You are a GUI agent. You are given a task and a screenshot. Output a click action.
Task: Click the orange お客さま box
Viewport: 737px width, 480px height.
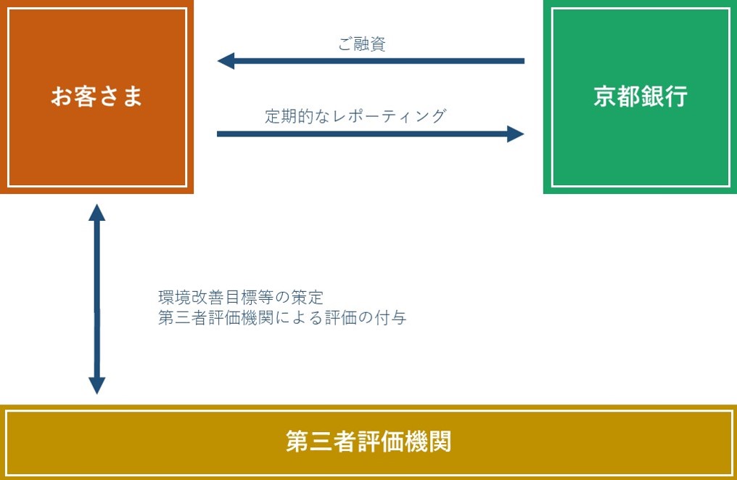pyautogui.click(x=96, y=97)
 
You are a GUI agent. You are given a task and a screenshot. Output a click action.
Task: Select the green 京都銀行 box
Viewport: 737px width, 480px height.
pyautogui.click(x=641, y=97)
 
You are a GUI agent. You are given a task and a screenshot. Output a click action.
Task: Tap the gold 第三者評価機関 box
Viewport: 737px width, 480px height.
pyautogui.click(x=368, y=442)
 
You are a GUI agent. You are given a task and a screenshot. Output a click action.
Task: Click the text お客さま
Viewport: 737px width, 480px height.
pyautogui.click(x=96, y=96)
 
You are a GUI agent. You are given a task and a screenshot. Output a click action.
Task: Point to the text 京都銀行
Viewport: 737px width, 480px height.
pyautogui.click(x=641, y=96)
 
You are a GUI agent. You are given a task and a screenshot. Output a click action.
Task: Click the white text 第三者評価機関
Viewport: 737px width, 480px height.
pyautogui.click(x=368, y=442)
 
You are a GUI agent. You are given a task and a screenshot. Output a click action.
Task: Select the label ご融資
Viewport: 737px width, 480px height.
pyautogui.click(x=362, y=44)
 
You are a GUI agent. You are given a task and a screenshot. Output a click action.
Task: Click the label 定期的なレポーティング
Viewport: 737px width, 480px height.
pyautogui.click(x=355, y=115)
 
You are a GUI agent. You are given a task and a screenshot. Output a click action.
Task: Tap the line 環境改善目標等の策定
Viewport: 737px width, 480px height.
pyautogui.click(x=241, y=298)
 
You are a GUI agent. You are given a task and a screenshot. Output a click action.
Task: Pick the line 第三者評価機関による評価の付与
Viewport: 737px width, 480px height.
pyautogui.click(x=282, y=317)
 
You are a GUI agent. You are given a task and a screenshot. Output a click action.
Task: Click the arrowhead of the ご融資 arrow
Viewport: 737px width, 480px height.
pyautogui.click(x=226, y=61)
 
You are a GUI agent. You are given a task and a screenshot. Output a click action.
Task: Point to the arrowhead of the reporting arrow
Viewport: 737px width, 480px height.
pyautogui.click(x=516, y=134)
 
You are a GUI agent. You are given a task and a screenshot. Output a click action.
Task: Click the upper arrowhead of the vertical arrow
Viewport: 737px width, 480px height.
pyautogui.click(x=96, y=212)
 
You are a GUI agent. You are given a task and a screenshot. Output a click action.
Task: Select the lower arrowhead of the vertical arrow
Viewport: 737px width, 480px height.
pyautogui.click(x=96, y=386)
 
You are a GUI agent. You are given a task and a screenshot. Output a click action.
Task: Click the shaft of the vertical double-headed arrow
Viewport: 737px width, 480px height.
pyautogui.click(x=96, y=299)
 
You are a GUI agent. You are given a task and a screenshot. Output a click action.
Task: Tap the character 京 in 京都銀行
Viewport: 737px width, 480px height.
pyautogui.click(x=605, y=96)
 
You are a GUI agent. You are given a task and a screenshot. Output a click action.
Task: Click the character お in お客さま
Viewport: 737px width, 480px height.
pyautogui.click(x=62, y=96)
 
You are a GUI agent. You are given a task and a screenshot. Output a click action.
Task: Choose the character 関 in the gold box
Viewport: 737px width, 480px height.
pyautogui.click(x=440, y=442)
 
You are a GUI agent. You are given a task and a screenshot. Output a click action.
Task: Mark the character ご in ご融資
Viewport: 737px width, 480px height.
pyautogui.click(x=345, y=44)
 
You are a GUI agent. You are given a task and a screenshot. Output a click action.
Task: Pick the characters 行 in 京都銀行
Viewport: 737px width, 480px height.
pyautogui.click(x=677, y=96)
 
